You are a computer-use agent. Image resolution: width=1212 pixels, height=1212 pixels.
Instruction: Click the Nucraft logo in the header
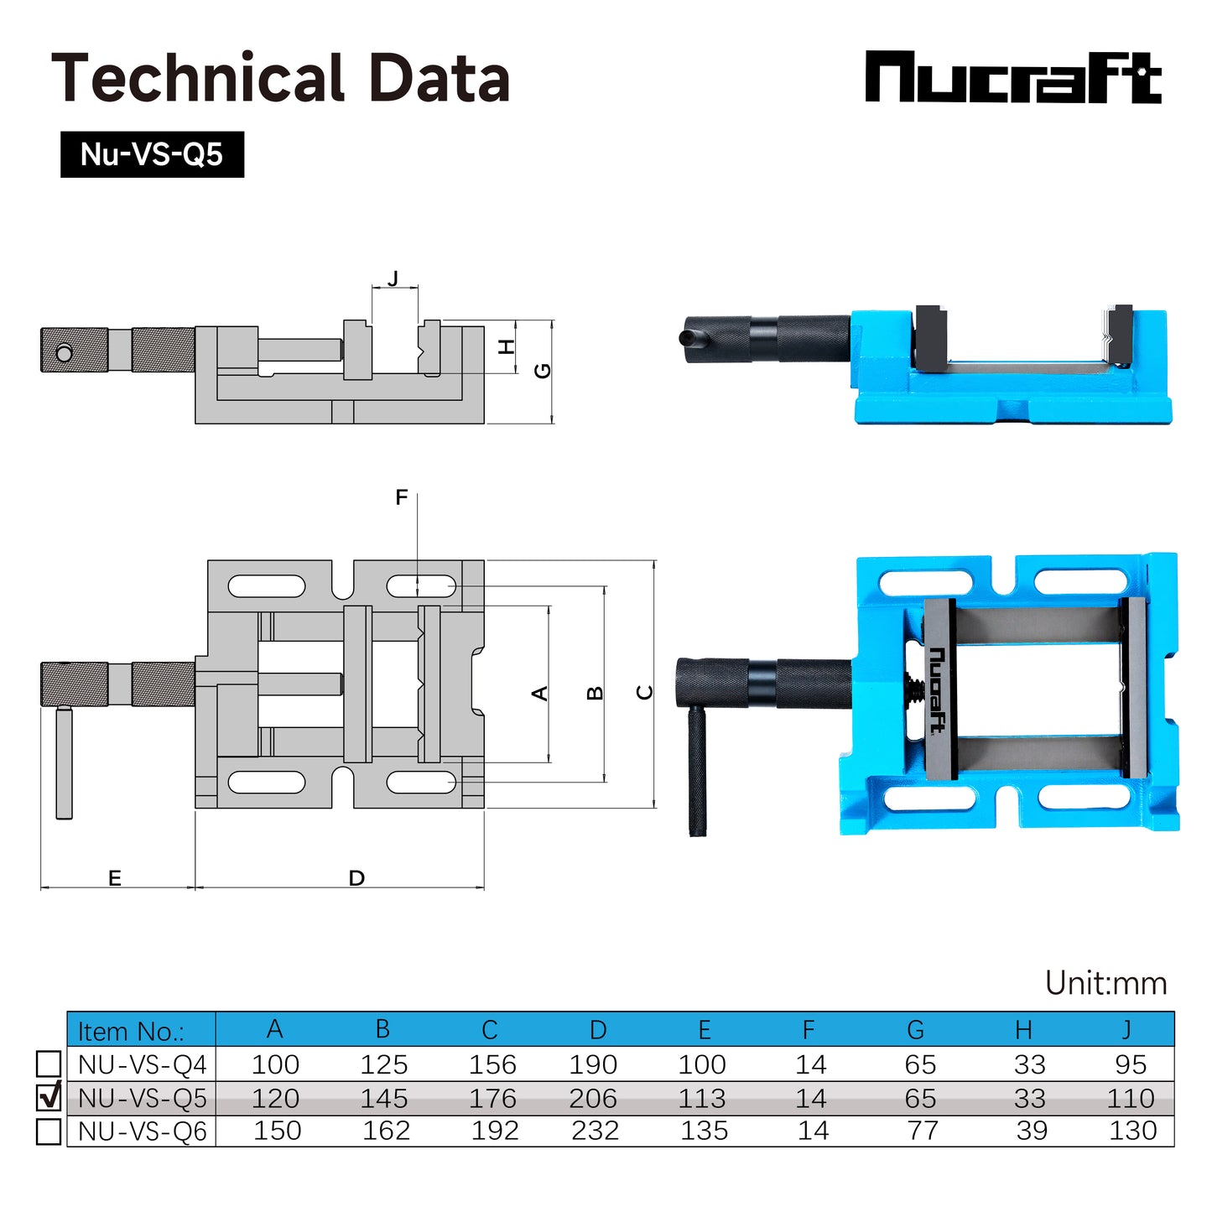(1012, 77)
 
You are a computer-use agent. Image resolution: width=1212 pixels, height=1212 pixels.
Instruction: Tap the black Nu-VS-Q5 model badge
(152, 154)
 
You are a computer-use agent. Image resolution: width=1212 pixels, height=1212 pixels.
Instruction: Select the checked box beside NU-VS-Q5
(49, 1097)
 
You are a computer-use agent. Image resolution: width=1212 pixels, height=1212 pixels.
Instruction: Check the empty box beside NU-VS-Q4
(49, 1064)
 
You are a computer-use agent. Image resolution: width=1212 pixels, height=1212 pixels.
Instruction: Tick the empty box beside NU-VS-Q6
(49, 1131)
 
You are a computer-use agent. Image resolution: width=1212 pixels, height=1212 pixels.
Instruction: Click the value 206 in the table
(592, 1098)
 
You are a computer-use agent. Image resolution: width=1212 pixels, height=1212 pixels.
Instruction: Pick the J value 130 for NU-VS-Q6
(1131, 1131)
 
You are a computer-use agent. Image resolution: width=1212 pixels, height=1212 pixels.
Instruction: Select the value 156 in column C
(492, 1064)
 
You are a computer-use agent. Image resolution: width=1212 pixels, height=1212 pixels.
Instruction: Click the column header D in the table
(597, 1030)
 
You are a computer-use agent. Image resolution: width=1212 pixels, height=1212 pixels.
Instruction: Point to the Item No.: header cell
(131, 1031)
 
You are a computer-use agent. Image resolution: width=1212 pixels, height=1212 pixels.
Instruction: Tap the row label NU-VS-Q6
(142, 1131)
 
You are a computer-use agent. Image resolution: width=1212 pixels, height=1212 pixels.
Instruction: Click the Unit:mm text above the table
(1105, 983)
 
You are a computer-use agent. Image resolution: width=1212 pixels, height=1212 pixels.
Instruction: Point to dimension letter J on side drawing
(393, 278)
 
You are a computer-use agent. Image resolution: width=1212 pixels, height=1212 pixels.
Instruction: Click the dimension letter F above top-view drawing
(402, 497)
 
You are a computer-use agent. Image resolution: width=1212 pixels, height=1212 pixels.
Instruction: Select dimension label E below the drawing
(115, 878)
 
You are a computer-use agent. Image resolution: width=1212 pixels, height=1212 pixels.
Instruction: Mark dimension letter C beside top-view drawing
(644, 692)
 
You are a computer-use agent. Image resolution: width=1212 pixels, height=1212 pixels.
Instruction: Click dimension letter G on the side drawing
(543, 370)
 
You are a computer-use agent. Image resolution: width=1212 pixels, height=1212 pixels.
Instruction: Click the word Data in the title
(439, 78)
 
